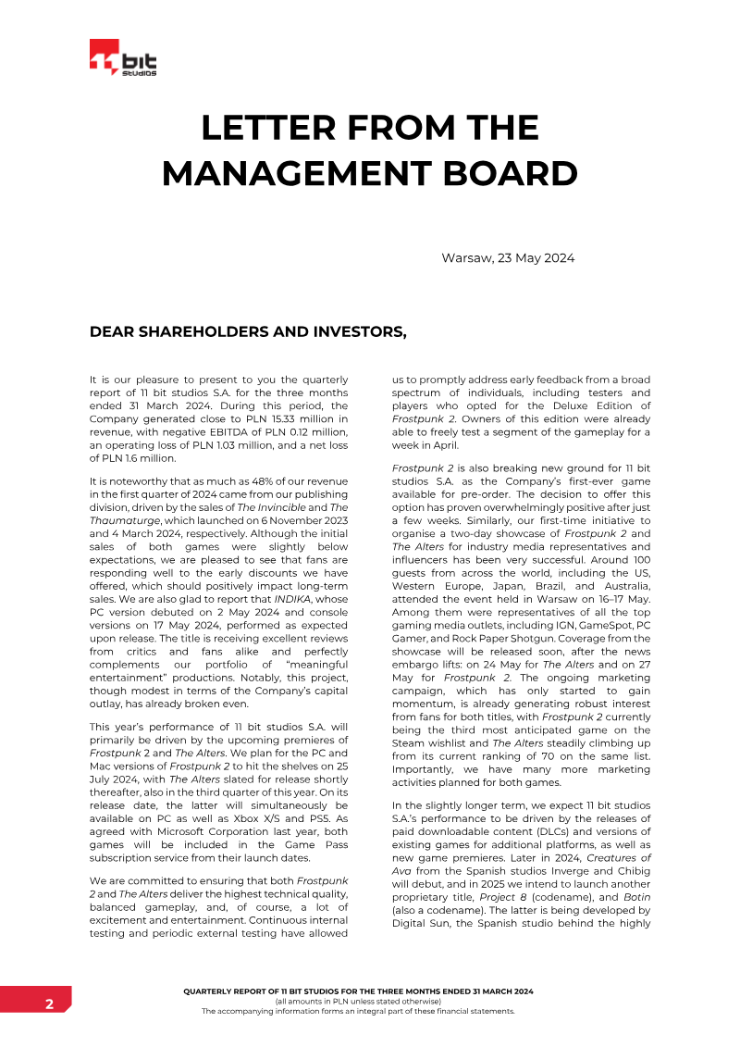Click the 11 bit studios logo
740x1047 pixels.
[x=123, y=59]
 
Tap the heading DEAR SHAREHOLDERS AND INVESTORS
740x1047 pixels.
[x=248, y=331]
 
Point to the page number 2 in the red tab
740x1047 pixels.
[x=49, y=1004]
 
